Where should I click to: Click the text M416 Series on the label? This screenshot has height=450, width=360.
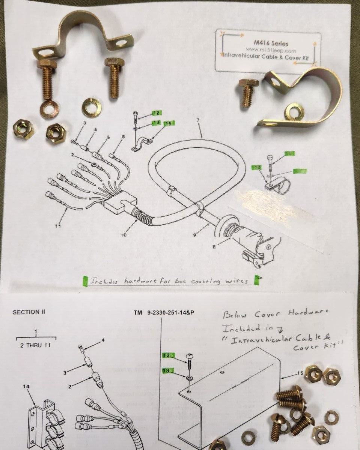pyautogui.click(x=268, y=43)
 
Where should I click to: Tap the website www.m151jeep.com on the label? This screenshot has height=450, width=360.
pyautogui.click(x=268, y=50)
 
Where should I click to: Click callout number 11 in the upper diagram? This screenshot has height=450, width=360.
pyautogui.click(x=57, y=226)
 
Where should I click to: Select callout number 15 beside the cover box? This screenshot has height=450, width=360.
pyautogui.click(x=300, y=373)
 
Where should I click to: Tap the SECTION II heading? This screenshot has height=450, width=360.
pyautogui.click(x=31, y=312)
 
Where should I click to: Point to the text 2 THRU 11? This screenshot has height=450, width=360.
pyautogui.click(x=36, y=345)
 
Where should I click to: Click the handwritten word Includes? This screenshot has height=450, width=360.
pyautogui.click(x=106, y=280)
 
